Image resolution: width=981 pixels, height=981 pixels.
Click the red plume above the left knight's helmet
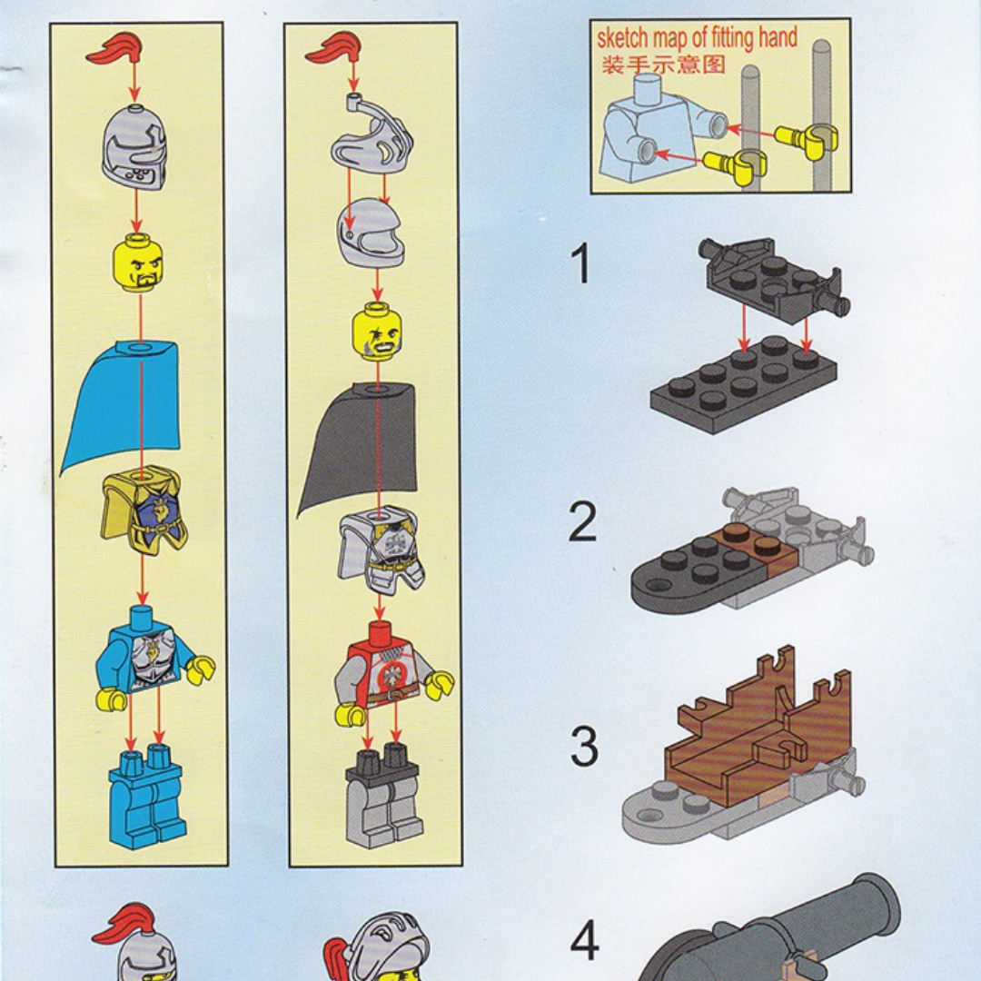pyautogui.click(x=116, y=49)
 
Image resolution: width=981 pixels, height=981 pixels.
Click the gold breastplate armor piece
pyautogui.click(x=143, y=510)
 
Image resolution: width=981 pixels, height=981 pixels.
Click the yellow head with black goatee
pyautogui.click(x=138, y=263)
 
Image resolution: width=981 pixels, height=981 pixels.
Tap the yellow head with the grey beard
pyautogui.click(x=377, y=332)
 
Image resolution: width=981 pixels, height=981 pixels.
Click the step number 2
pyautogui.click(x=582, y=522)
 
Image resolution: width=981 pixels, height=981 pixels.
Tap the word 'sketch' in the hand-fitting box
pyautogui.click(x=622, y=38)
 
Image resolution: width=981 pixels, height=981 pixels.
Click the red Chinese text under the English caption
pyautogui.click(x=663, y=64)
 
